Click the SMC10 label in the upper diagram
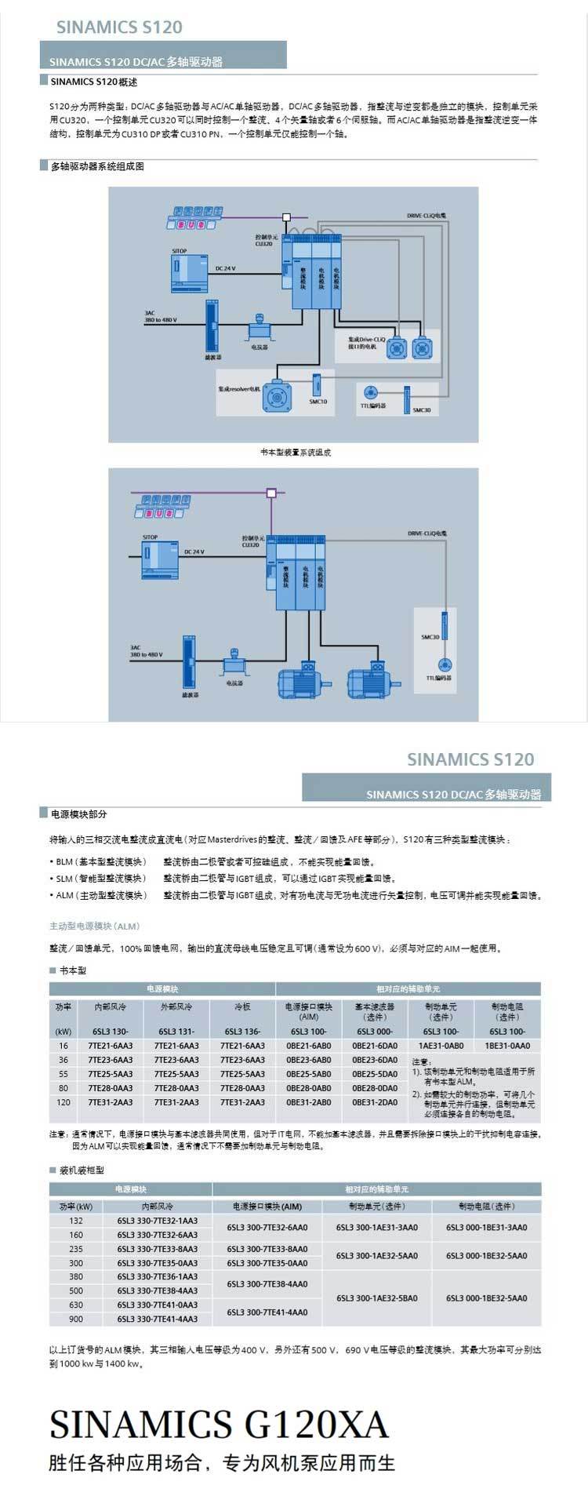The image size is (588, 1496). coord(318,402)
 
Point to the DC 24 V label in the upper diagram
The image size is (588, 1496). coord(225,268)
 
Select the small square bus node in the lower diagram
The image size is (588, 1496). coord(271,493)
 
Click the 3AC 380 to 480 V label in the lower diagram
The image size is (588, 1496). coord(147,650)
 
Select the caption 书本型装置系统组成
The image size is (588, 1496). coord(296,453)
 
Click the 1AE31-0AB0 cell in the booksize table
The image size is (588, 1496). coord(441,1046)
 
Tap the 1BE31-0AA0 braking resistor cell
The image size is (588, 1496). coord(507,1046)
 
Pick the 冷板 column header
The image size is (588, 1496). coord(242,1006)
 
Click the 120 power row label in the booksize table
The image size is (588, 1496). coord(64,1102)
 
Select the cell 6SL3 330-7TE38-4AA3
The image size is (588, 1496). coord(158,1290)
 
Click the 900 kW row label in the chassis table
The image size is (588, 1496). coord(75,1319)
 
